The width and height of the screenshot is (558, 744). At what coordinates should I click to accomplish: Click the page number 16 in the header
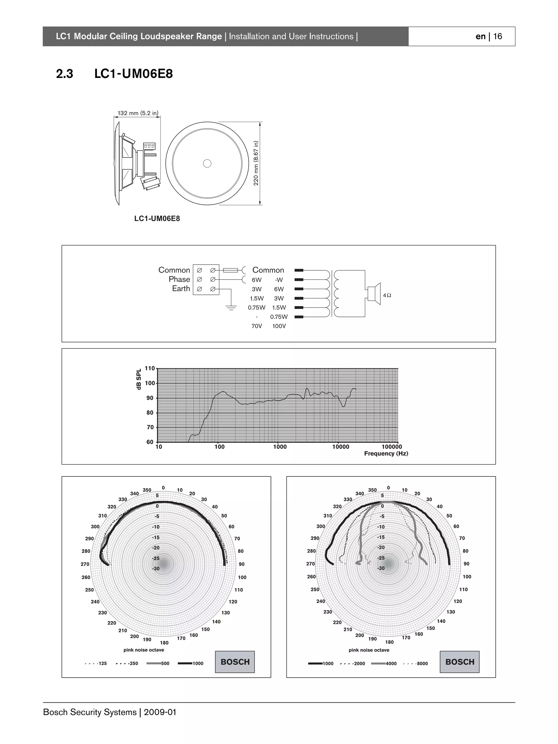(x=498, y=36)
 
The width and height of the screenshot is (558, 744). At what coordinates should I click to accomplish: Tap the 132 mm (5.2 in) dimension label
(x=138, y=113)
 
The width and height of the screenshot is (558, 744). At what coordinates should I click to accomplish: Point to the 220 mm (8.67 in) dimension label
(x=256, y=163)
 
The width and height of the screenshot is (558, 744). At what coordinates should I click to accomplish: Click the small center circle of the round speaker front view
(x=207, y=163)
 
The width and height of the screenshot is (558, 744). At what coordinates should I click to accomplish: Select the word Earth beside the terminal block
(x=181, y=289)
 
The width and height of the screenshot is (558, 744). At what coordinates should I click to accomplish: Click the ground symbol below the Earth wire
(x=231, y=307)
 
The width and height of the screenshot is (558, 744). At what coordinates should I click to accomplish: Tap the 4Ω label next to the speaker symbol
(x=387, y=295)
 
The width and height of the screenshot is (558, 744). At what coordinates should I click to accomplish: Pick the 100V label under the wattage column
(x=279, y=326)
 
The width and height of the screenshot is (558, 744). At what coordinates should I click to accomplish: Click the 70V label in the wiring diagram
(x=257, y=326)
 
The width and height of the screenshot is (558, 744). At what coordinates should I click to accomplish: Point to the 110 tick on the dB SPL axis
(x=150, y=368)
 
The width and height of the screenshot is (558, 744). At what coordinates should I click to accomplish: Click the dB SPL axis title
(x=139, y=379)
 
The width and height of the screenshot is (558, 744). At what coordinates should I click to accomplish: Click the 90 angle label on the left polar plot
(x=242, y=564)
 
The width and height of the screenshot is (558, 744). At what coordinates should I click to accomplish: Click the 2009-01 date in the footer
(x=160, y=712)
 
